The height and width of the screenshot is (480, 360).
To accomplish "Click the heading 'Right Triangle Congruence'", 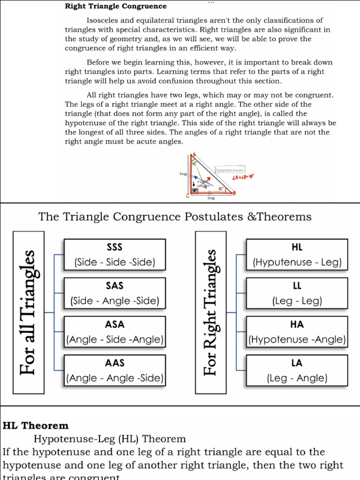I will (115, 7).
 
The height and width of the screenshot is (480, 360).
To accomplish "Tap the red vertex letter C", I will (187, 196).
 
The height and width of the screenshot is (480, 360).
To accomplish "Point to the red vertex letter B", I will (234, 193).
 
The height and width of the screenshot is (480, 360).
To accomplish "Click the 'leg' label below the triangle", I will (211, 198).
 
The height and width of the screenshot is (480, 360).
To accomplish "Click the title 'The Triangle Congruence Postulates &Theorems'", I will (175, 217).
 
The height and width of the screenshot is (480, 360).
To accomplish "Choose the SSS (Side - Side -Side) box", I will (115, 255).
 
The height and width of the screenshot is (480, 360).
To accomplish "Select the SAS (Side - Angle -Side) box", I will (115, 293).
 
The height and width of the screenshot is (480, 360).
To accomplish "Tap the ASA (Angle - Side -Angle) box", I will (115, 332).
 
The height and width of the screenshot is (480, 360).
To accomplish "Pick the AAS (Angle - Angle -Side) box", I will (115, 370).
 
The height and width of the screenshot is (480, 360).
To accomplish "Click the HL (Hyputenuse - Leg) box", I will (297, 255).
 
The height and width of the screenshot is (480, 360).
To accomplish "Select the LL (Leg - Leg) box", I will (297, 293).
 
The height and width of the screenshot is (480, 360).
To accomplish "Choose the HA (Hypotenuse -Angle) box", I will (297, 332).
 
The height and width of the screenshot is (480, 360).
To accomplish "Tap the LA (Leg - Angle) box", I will (297, 370).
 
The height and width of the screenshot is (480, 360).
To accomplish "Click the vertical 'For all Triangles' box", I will (29, 312).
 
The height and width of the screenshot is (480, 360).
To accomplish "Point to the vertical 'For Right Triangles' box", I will (211, 312).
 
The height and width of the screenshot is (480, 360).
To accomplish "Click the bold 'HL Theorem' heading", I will (36, 426).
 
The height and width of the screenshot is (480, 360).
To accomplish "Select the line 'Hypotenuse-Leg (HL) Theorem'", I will (110, 439).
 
